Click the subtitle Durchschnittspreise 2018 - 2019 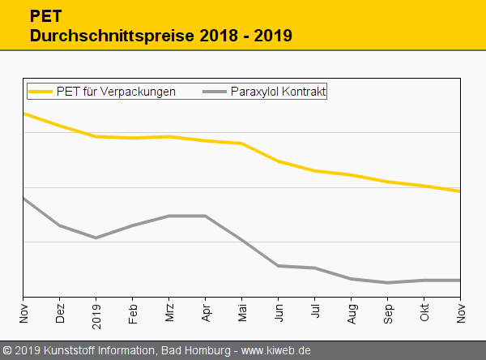160,36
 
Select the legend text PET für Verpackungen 116,92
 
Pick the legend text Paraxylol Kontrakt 278,92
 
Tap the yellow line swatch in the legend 40,92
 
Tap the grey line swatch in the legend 214,92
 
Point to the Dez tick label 60,313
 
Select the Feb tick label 133,313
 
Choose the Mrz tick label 169,313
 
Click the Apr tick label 206,313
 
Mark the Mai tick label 242,313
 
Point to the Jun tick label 279,313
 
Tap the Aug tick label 352,313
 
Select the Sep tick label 388,313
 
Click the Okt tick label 424,313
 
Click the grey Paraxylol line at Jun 279,265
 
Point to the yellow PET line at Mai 242,144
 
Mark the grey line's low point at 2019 96,238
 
